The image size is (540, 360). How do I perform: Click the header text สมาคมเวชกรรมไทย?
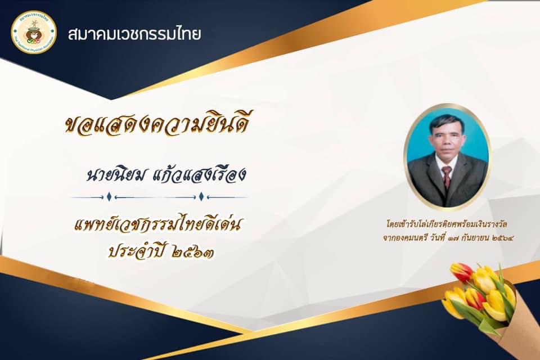coord(134,34)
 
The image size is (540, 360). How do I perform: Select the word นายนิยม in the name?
coord(116,175)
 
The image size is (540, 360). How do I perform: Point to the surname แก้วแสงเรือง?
coord(199,174)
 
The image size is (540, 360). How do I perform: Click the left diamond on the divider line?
coord(109,197)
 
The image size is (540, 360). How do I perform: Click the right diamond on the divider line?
coord(201,197)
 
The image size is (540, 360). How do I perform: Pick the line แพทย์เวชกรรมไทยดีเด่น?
coord(157,225)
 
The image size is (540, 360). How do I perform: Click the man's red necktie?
coord(447,177)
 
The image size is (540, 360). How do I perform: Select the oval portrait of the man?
coord(447,157)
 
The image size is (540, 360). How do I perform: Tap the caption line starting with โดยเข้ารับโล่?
coord(447,224)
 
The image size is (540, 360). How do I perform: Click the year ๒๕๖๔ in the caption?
coord(503,238)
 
